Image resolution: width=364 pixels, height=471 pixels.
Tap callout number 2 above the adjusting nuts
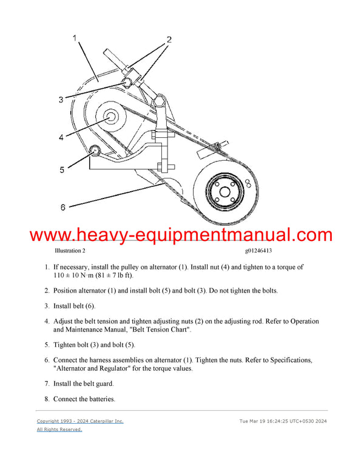pos(169,39)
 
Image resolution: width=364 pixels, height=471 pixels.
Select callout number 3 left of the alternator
pos(61,100)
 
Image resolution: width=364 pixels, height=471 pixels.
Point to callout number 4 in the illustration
pos(61,138)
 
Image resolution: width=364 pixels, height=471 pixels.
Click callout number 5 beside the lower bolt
pos(61,170)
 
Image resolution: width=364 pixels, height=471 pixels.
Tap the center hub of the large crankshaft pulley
pos(224,192)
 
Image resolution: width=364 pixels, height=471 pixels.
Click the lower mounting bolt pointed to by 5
pos(95,150)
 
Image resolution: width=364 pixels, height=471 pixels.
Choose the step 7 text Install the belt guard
pos(83,384)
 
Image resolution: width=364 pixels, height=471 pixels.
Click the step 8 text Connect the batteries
pos(84,399)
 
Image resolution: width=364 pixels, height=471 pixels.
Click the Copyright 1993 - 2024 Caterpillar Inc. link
pos(79,421)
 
